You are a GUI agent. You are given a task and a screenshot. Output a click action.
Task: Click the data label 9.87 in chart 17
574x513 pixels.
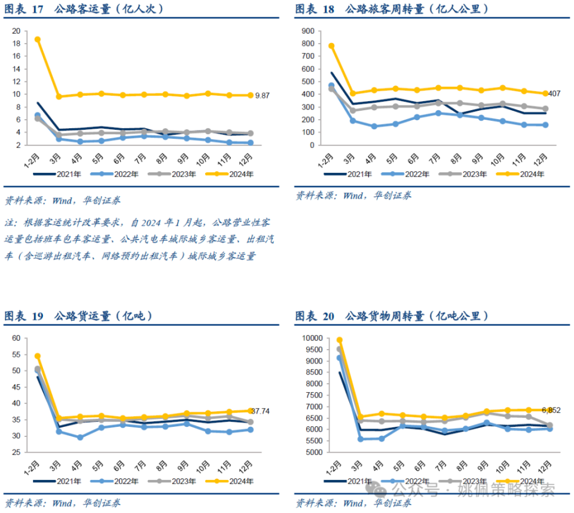262,95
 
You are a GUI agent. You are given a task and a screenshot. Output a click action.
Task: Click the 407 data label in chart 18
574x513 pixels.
554,93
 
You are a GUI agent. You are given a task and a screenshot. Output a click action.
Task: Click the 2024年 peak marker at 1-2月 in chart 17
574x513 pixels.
38,40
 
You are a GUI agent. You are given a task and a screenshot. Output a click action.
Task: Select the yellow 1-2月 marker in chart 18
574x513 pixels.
331,45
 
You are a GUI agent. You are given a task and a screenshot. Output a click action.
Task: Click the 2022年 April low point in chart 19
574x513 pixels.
80,437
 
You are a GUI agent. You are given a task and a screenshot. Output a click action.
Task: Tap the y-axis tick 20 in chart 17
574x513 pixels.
16,31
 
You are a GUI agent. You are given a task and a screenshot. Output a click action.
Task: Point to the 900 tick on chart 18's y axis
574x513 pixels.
309,31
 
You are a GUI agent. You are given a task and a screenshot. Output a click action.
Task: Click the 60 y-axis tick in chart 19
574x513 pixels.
16,338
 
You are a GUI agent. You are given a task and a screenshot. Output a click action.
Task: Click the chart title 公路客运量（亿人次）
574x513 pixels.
109,9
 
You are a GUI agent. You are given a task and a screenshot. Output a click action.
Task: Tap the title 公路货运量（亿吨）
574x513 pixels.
103,315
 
